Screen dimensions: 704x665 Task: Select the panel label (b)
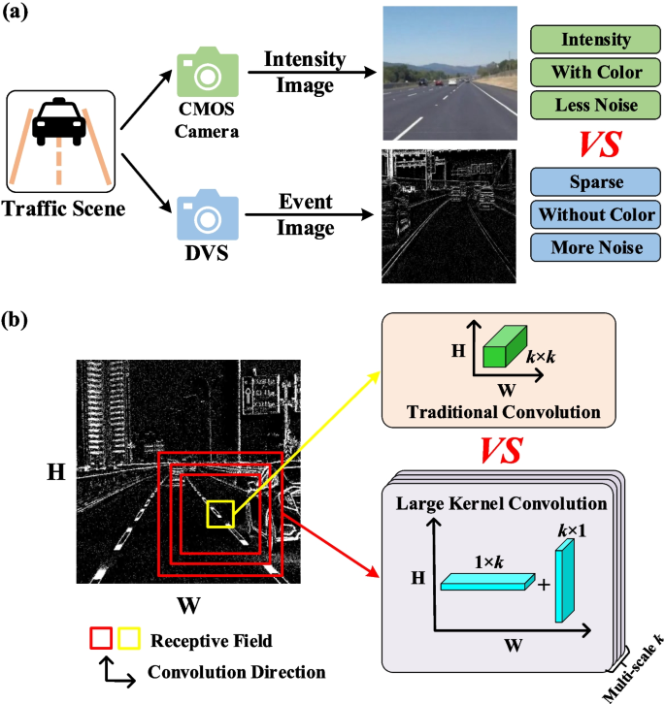click(20, 319)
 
